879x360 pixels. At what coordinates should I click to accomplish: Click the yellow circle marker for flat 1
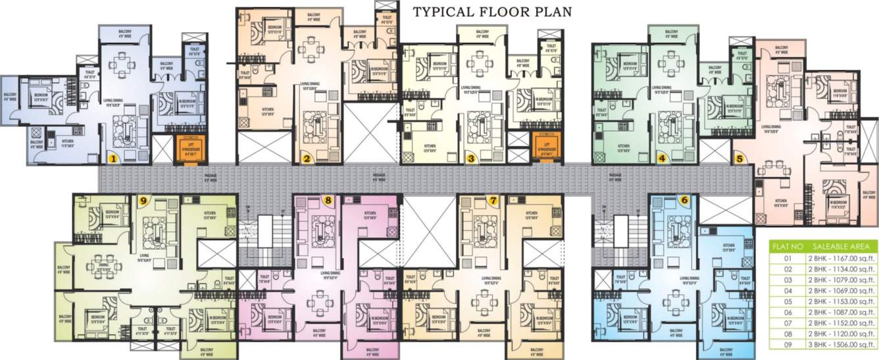click(x=113, y=158)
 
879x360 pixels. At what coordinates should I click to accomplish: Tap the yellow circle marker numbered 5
click(x=740, y=159)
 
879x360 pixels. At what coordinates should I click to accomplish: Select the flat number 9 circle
click(x=143, y=200)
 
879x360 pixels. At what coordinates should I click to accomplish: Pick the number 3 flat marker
click(x=470, y=158)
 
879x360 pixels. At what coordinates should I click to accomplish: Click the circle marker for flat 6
click(x=684, y=200)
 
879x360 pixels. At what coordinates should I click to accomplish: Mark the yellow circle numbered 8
click(x=327, y=200)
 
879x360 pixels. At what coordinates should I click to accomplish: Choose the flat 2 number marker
click(x=306, y=158)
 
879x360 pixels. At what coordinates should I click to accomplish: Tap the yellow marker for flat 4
click(x=662, y=158)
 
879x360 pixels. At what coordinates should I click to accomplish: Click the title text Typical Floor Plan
click(x=491, y=11)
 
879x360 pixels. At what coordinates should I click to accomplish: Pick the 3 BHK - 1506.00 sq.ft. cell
click(x=841, y=343)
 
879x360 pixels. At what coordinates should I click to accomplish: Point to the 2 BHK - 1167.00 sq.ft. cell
click(x=841, y=259)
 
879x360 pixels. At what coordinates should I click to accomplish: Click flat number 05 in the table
click(x=787, y=301)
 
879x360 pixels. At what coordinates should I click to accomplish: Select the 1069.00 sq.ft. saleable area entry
click(x=841, y=290)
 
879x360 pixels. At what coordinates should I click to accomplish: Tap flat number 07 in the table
click(x=787, y=322)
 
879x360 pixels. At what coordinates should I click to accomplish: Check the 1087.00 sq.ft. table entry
click(x=841, y=311)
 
